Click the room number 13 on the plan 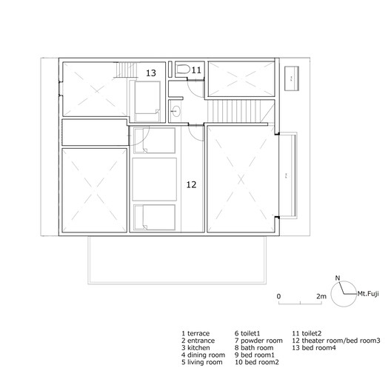pos(151,73)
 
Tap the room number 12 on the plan pos(191,185)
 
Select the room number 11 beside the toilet pos(196,70)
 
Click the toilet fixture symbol pos(183,69)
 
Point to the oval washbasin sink pos(176,111)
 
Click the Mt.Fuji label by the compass pos(368,293)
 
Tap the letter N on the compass pos(338,278)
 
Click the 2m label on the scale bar pos(321,296)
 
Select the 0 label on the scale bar pos(278,296)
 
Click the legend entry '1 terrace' pos(195,333)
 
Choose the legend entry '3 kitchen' pos(195,348)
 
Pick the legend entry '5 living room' pos(201,362)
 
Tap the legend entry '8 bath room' pos(254,348)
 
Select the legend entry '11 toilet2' pos(307,333)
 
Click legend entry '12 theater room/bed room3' pos(336,341)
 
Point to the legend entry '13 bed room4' pos(314,348)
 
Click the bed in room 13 pos(147,101)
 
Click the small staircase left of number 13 pos(127,70)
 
